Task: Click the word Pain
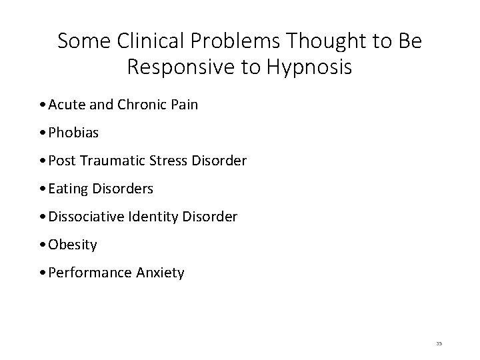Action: (183, 105)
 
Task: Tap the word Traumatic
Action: (121, 161)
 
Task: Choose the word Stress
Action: (175, 161)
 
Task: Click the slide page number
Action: (439, 343)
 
